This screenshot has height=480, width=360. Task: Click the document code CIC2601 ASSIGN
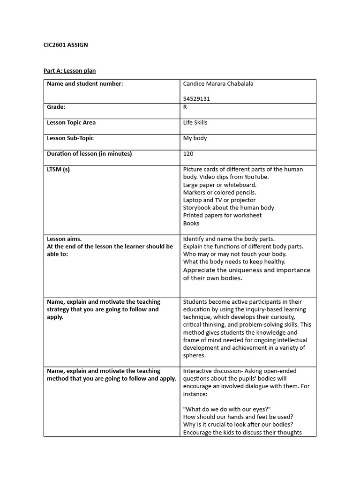pyautogui.click(x=66, y=45)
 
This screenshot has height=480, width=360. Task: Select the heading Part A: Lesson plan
pyautogui.click(x=69, y=71)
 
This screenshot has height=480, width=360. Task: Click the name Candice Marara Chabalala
pyautogui.click(x=218, y=84)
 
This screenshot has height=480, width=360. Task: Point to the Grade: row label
pyautogui.click(x=56, y=107)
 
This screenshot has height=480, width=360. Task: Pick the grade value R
pyautogui.click(x=185, y=107)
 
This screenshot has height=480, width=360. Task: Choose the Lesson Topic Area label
pyautogui.click(x=71, y=122)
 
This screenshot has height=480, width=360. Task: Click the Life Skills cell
pyautogui.click(x=195, y=122)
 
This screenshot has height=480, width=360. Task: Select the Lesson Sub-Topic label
pyautogui.click(x=70, y=138)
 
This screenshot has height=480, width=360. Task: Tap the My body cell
pyautogui.click(x=195, y=138)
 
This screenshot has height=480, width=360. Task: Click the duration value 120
pyautogui.click(x=188, y=154)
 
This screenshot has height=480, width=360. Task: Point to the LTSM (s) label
pyautogui.click(x=58, y=169)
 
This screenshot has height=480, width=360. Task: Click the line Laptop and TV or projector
pyautogui.click(x=219, y=200)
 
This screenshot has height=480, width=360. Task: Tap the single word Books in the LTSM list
pyautogui.click(x=191, y=223)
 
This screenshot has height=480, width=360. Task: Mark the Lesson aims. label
pyautogui.click(x=64, y=239)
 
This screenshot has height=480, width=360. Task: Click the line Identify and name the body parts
pyautogui.click(x=229, y=239)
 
